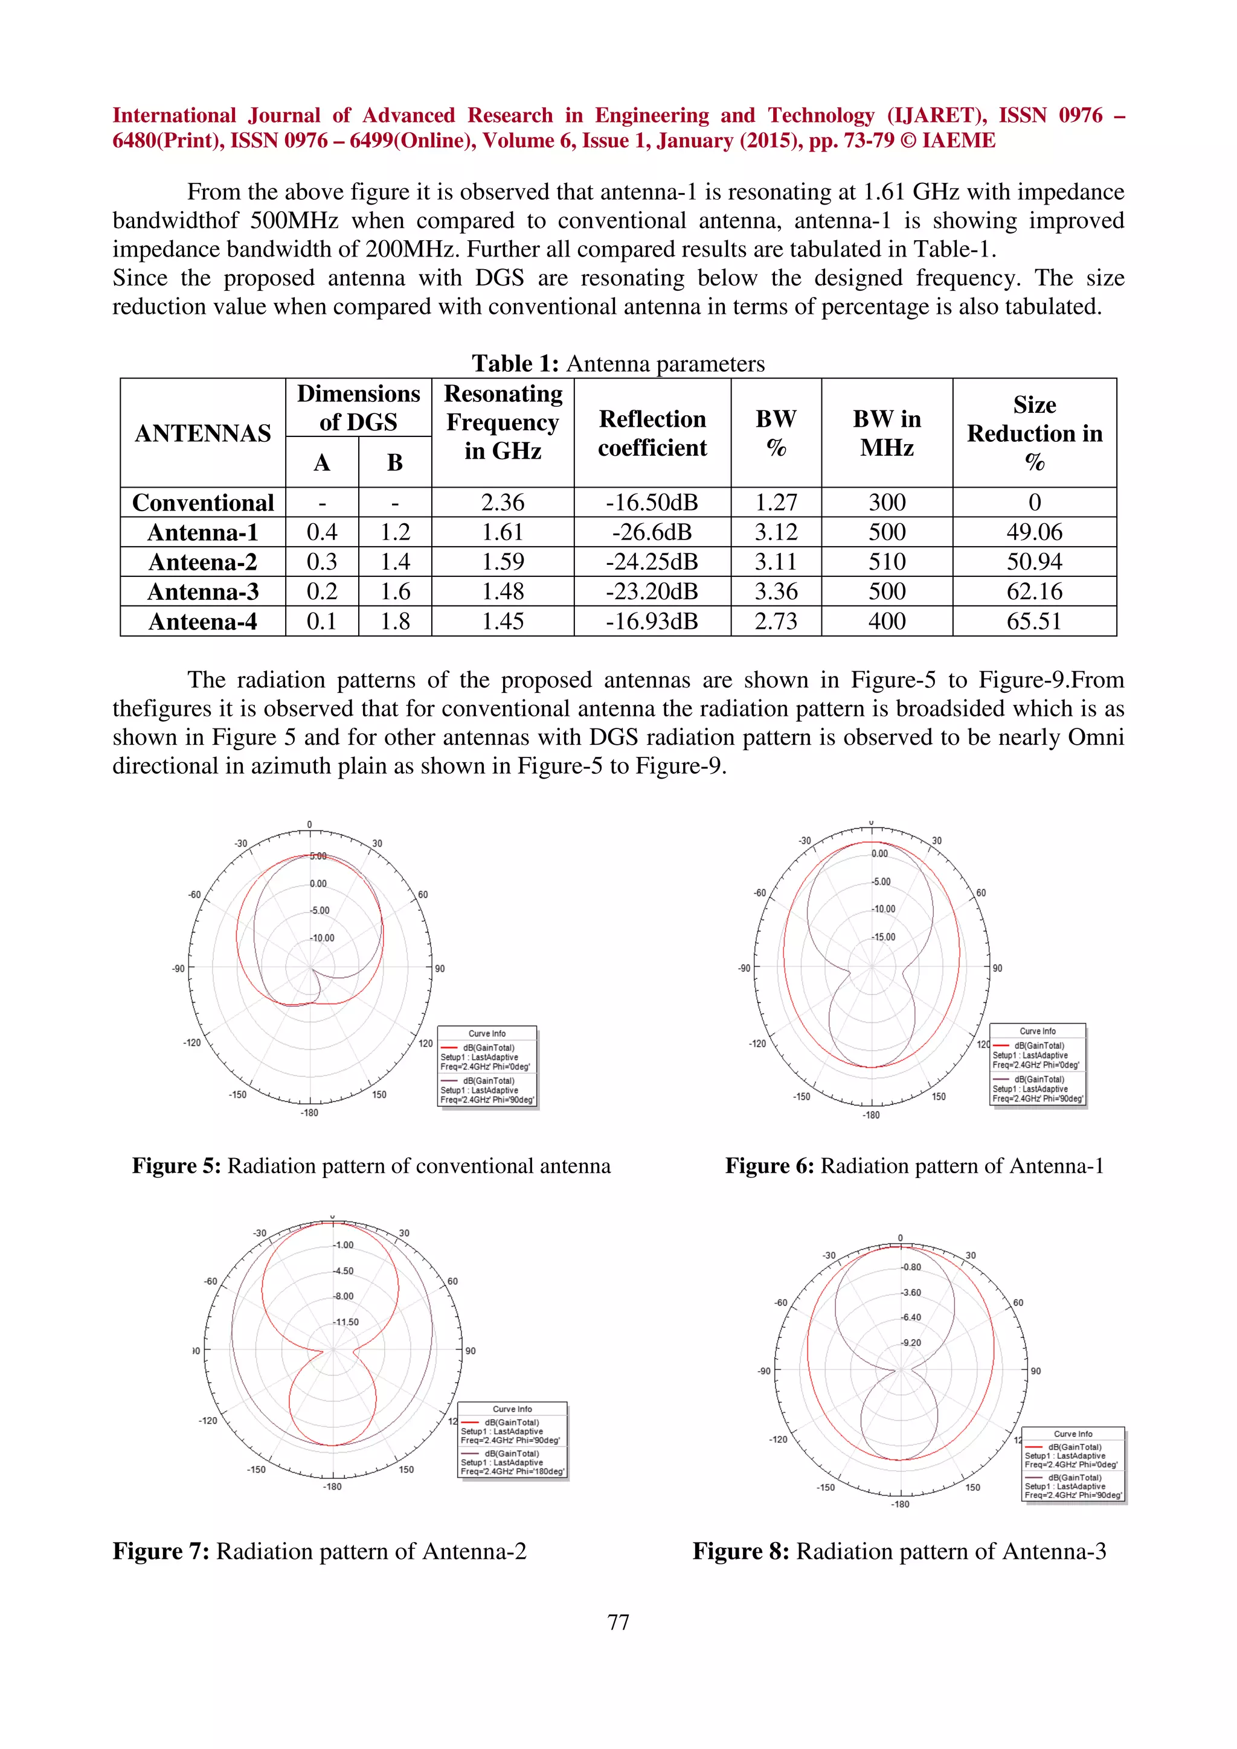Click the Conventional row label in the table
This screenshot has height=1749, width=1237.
pyautogui.click(x=203, y=503)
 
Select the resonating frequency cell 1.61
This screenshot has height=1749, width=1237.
pyautogui.click(x=503, y=532)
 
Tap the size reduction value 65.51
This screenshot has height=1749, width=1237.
pyautogui.click(x=1033, y=622)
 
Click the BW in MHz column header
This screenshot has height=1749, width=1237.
pyautogui.click(x=887, y=433)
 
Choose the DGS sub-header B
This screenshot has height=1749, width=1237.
pyautogui.click(x=395, y=462)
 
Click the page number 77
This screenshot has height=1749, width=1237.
pyautogui.click(x=618, y=1622)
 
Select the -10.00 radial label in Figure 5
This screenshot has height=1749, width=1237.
pyautogui.click(x=323, y=938)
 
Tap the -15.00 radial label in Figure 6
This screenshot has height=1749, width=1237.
pyautogui.click(x=884, y=937)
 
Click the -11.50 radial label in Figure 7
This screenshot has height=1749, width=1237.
pyautogui.click(x=346, y=1322)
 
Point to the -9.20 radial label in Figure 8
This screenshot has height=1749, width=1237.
pyautogui.click(x=911, y=1342)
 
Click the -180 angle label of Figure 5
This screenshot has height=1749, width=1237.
pyautogui.click(x=309, y=1113)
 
